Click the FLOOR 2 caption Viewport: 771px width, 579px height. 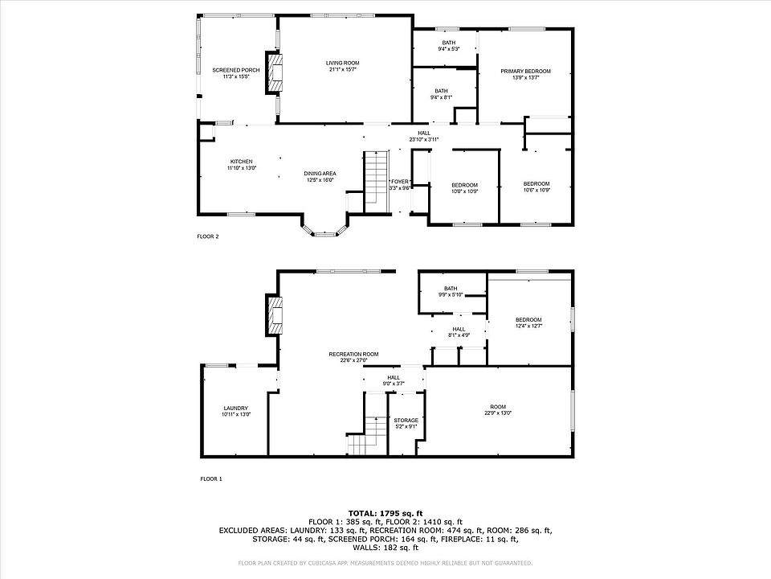[x=208, y=236]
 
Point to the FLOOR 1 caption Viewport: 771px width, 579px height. [x=211, y=478]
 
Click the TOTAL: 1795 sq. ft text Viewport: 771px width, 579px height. [x=385, y=512]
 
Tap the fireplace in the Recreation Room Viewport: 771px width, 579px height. [x=275, y=316]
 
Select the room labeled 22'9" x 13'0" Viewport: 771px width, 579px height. [x=498, y=409]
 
